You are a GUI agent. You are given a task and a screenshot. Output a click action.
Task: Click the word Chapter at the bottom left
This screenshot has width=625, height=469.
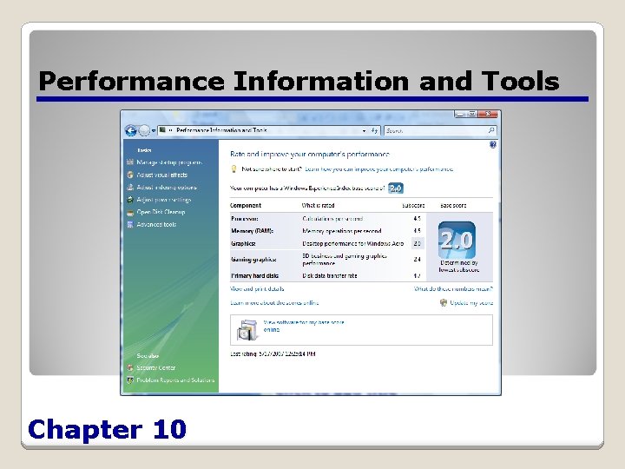pyautogui.click(x=85, y=429)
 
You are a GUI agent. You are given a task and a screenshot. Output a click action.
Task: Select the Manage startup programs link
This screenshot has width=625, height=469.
pyautogui.click(x=168, y=162)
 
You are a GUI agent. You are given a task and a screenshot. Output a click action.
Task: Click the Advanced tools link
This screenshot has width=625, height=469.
pyautogui.click(x=156, y=224)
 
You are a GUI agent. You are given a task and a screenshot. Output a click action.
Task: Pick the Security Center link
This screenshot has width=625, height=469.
pyautogui.click(x=155, y=368)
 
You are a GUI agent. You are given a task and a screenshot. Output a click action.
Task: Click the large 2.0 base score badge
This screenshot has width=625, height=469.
pyautogui.click(x=457, y=239)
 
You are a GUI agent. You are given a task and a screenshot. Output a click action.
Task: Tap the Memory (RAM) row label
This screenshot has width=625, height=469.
pyautogui.click(x=252, y=231)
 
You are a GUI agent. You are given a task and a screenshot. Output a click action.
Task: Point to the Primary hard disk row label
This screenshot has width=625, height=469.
pyautogui.click(x=254, y=275)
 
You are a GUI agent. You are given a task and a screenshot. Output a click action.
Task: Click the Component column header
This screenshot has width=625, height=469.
pyautogui.click(x=245, y=204)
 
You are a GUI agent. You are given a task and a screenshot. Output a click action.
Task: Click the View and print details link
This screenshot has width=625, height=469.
pyautogui.click(x=257, y=288)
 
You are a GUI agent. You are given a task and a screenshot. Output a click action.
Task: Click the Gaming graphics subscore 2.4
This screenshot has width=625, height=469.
pyautogui.click(x=418, y=260)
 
